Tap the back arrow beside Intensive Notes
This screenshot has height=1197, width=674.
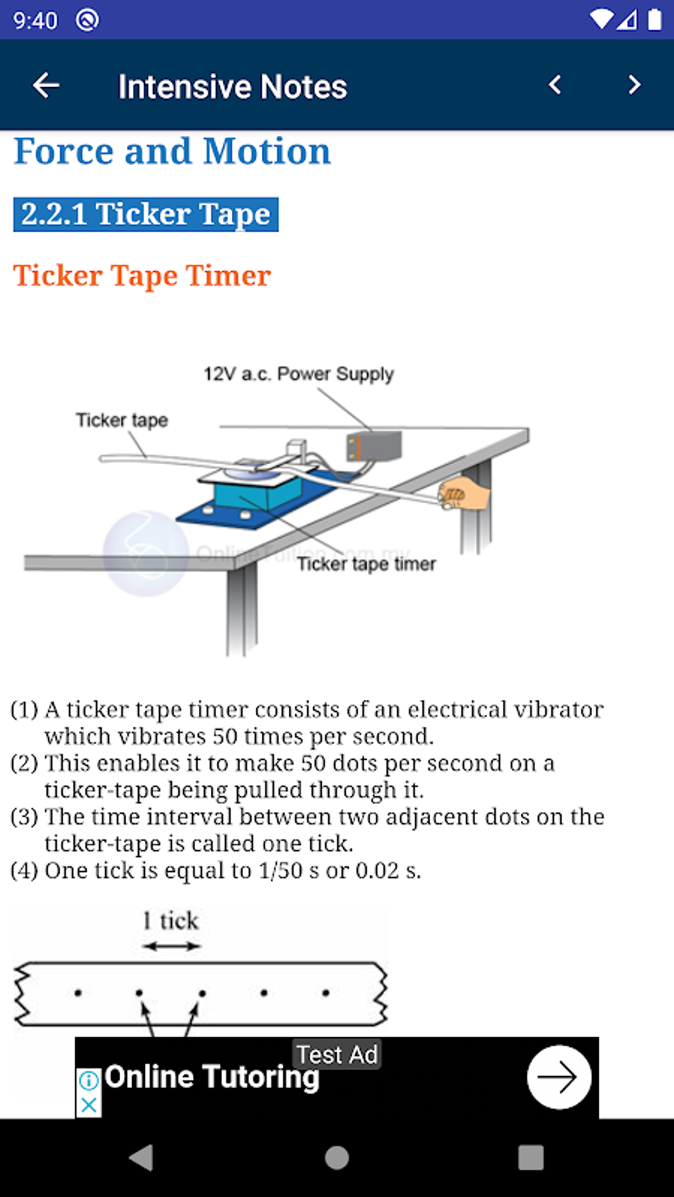pyautogui.click(x=46, y=85)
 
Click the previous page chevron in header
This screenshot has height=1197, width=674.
pyautogui.click(x=555, y=85)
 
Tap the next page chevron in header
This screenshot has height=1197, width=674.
pyautogui.click(x=634, y=85)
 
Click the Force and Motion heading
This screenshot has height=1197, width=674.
pyautogui.click(x=172, y=152)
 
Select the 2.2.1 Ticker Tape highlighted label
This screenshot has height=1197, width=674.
pyautogui.click(x=145, y=215)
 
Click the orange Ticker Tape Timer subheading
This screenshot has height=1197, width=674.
pyautogui.click(x=142, y=275)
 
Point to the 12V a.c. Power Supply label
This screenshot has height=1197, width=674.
pyautogui.click(x=298, y=374)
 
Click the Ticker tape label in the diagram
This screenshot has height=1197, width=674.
pyautogui.click(x=122, y=420)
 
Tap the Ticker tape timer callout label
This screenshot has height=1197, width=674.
pyautogui.click(x=366, y=564)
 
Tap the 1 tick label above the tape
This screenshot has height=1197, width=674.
pyautogui.click(x=170, y=920)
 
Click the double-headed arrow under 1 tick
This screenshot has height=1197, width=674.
pyautogui.click(x=171, y=946)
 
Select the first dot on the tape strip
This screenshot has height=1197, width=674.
pyautogui.click(x=78, y=992)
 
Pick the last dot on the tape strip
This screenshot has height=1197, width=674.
pyautogui.click(x=326, y=992)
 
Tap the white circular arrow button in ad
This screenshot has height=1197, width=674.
pyautogui.click(x=559, y=1077)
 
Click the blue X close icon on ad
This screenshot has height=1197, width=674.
pyautogui.click(x=89, y=1105)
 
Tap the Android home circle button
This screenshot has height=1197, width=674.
pyautogui.click(x=337, y=1157)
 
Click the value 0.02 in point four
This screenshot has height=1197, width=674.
pyautogui.click(x=377, y=871)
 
